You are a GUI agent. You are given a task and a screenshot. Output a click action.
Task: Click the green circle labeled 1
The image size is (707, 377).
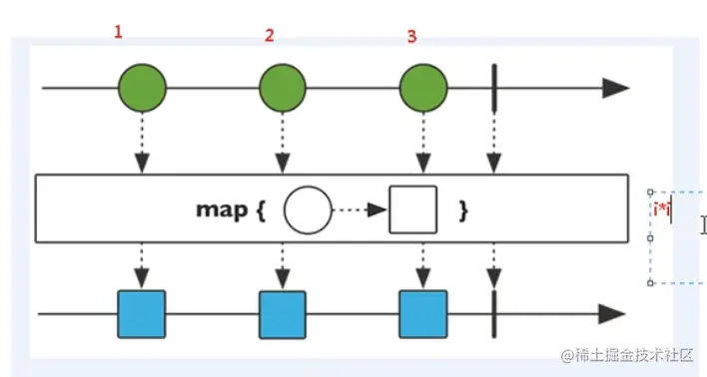click(x=143, y=88)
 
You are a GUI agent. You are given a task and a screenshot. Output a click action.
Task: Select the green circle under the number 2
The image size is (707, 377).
click(x=283, y=88)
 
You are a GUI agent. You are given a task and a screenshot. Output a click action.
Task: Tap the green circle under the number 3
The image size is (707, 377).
click(x=422, y=88)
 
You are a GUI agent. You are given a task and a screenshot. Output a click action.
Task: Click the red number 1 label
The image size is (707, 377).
click(x=118, y=32)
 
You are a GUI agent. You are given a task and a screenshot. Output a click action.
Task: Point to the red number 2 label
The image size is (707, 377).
click(x=269, y=36)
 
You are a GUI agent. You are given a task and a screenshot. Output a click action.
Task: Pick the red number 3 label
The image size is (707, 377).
click(x=411, y=36)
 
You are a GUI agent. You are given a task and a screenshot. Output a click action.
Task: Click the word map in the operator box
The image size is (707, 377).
click(x=221, y=210)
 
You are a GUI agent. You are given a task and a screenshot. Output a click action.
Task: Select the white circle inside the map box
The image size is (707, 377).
click(x=307, y=209)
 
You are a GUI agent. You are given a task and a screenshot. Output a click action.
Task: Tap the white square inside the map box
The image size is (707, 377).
click(x=413, y=209)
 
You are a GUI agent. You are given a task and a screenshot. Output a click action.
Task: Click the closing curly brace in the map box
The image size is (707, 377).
click(x=462, y=210)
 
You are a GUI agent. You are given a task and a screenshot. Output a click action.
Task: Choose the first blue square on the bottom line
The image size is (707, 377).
click(x=142, y=314)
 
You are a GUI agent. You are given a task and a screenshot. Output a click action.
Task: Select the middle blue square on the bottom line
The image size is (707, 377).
click(x=283, y=314)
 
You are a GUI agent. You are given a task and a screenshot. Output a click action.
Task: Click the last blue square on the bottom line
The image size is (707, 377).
click(x=422, y=314)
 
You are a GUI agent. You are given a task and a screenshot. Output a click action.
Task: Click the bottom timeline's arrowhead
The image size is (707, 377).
click(x=611, y=314)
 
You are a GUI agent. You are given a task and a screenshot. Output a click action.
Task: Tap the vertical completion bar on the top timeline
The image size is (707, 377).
click(x=494, y=88)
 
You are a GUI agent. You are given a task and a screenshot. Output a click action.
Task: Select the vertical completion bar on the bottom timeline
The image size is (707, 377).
click(x=494, y=314)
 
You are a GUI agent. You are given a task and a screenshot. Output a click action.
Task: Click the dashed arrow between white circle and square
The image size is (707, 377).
click(x=359, y=209)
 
